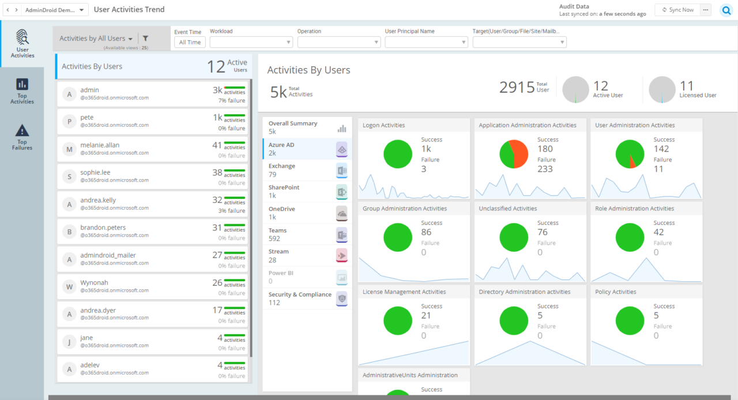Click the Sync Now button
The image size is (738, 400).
click(x=677, y=10)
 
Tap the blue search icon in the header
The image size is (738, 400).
click(x=726, y=10)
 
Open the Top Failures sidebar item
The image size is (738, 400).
click(x=22, y=137)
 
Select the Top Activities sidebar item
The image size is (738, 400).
click(x=22, y=91)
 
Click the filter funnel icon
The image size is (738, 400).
click(x=145, y=39)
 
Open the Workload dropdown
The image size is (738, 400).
click(x=251, y=42)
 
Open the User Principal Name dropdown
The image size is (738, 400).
click(x=426, y=42)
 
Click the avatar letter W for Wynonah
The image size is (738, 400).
click(x=69, y=286)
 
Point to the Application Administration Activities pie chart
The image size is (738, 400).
click(x=513, y=154)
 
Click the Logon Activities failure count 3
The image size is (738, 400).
click(x=424, y=169)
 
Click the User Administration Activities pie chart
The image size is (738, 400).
click(x=630, y=154)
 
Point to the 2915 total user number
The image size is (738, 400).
click(x=517, y=87)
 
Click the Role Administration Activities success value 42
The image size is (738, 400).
click(x=658, y=232)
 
